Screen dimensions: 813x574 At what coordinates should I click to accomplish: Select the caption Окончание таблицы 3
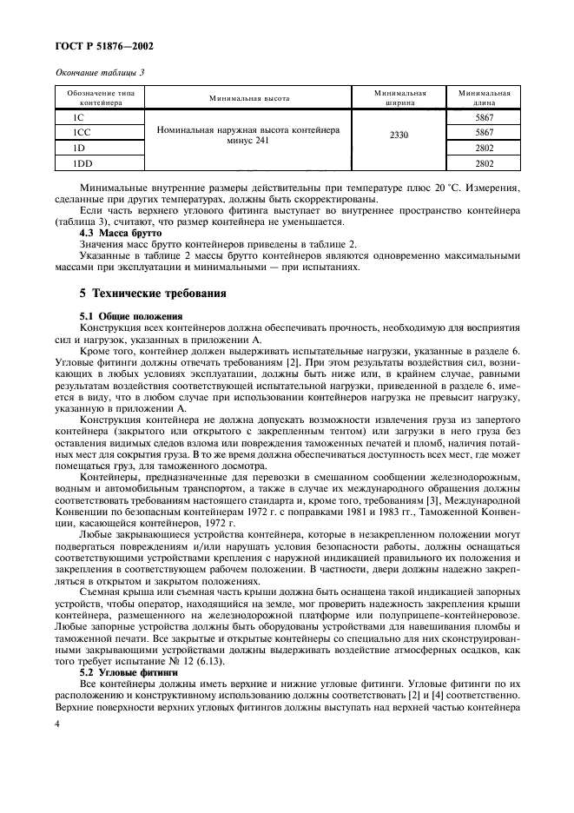[100, 72]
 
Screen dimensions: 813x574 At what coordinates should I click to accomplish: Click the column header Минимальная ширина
[399, 98]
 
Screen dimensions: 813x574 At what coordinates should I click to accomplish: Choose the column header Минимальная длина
[484, 98]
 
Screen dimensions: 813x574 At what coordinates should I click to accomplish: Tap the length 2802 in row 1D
[484, 147]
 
